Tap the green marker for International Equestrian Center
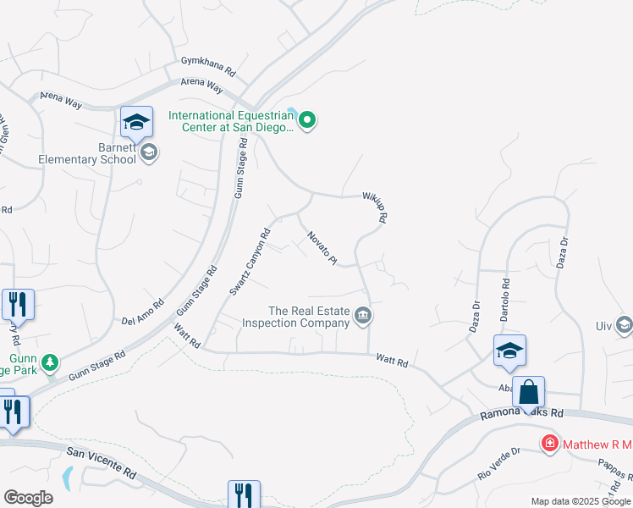click(x=308, y=122)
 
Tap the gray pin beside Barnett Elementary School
click(x=149, y=152)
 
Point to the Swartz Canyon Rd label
click(x=250, y=262)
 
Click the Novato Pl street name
click(x=322, y=247)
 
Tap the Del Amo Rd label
click(x=142, y=312)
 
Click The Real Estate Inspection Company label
click(x=296, y=317)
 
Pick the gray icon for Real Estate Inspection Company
click(x=363, y=317)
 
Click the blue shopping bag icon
click(x=528, y=393)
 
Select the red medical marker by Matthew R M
click(x=549, y=442)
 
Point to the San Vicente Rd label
click(x=101, y=461)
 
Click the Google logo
click(x=28, y=498)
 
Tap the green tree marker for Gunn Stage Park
click(x=50, y=363)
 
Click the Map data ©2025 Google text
click(x=581, y=501)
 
